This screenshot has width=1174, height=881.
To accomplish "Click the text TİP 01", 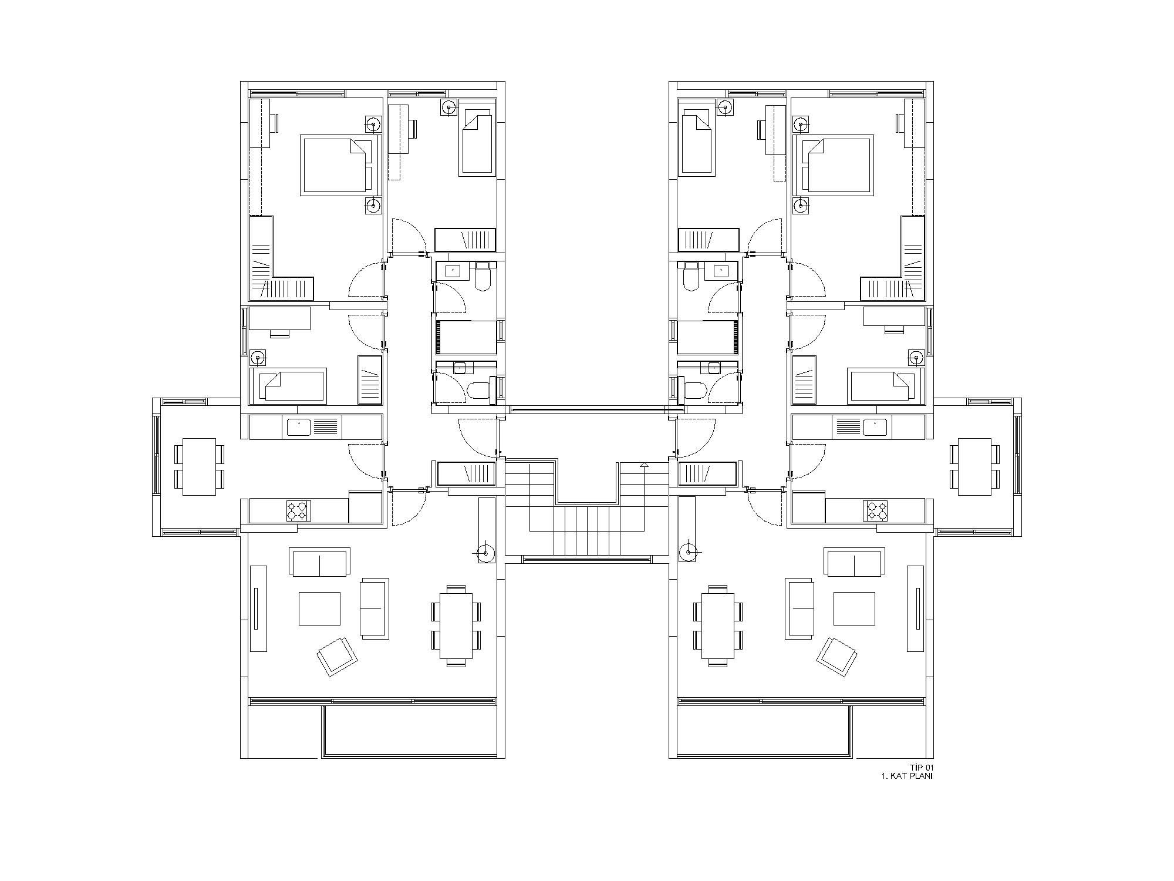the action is click(921, 768).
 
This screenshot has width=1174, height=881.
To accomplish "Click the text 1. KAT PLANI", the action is click(907, 776).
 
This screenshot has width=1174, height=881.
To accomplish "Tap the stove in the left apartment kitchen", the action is click(298, 510).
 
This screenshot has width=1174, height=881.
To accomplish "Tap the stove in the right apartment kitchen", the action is click(875, 510).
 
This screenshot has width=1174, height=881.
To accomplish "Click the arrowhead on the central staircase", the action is click(644, 466).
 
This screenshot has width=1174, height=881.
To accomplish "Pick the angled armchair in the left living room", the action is click(338, 656).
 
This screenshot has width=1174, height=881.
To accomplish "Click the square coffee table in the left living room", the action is click(319, 609).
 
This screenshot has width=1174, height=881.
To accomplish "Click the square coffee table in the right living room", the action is click(854, 609).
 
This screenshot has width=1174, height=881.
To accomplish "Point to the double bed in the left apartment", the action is click(336, 165).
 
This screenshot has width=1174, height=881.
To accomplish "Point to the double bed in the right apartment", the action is click(838, 165).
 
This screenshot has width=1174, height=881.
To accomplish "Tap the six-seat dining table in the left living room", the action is click(456, 626).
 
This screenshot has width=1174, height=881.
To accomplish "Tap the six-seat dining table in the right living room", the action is click(718, 626).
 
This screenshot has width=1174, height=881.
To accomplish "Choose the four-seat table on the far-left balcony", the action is click(200, 466).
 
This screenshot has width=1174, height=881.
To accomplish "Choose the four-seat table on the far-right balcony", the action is click(974, 466).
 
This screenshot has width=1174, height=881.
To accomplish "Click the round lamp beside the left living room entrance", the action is click(485, 552).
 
